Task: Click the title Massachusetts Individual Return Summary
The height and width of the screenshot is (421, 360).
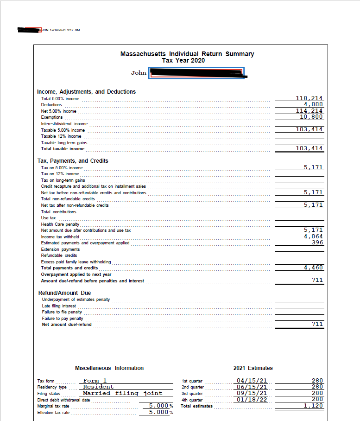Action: pyautogui.click(x=187, y=54)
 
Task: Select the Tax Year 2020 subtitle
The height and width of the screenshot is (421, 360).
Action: pyautogui.click(x=183, y=60)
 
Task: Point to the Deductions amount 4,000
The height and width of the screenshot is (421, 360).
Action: pyautogui.click(x=313, y=104)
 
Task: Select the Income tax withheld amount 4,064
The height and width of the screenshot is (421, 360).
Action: pyautogui.click(x=313, y=236)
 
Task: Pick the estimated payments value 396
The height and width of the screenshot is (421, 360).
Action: pyautogui.click(x=317, y=242)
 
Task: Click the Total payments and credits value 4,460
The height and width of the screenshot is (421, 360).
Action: pyautogui.click(x=313, y=268)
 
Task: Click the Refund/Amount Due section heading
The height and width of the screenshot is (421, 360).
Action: pyautogui.click(x=64, y=293)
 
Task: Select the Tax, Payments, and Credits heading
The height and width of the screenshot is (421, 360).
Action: pyautogui.click(x=73, y=161)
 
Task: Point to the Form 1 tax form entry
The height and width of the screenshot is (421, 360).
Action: pyautogui.click(x=95, y=381)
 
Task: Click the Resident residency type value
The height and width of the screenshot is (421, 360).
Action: pyautogui.click(x=98, y=387)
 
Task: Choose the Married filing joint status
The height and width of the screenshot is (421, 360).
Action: pyautogui.click(x=122, y=393)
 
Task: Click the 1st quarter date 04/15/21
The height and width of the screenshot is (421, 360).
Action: pyautogui.click(x=251, y=381)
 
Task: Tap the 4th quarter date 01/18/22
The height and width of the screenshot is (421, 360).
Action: pyautogui.click(x=251, y=399)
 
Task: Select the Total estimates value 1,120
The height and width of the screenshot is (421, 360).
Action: pyautogui.click(x=313, y=406)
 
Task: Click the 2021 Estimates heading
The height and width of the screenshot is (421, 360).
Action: pyautogui.click(x=253, y=368)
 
